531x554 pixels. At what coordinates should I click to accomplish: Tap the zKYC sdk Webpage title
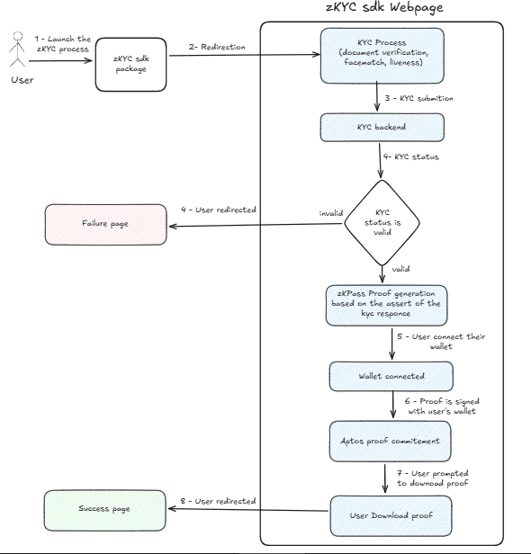384,8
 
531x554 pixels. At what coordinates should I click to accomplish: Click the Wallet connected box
391,375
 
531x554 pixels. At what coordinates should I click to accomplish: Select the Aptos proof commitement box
391,442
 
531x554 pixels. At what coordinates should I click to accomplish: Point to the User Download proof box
391,515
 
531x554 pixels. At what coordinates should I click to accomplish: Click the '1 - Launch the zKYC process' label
62,46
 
